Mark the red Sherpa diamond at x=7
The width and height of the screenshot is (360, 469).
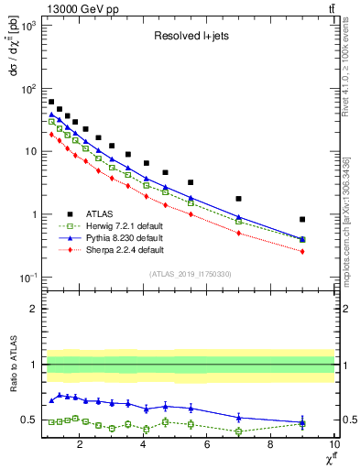(x=239, y=234)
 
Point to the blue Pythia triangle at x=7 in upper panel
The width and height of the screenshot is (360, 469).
(x=239, y=217)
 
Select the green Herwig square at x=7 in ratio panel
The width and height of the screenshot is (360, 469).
(x=239, y=431)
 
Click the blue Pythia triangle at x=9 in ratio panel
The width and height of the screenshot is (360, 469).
(x=302, y=422)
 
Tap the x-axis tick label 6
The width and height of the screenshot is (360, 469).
(x=207, y=446)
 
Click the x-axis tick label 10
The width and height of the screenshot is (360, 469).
(x=333, y=446)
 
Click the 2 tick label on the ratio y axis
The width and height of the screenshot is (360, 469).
(x=33, y=309)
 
